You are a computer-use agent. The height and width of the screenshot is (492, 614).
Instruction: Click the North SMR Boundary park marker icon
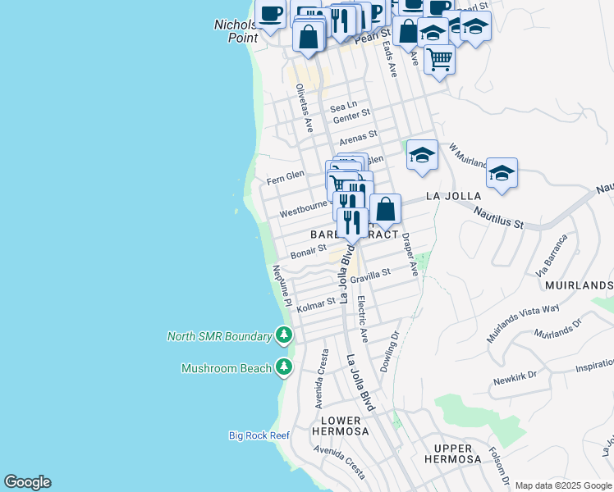(x=284, y=335)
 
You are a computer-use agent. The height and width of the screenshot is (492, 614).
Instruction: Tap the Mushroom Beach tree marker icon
(x=284, y=367)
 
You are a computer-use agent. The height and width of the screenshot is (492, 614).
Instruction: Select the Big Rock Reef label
(x=259, y=435)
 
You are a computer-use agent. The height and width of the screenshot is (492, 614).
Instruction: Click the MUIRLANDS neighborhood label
(x=578, y=285)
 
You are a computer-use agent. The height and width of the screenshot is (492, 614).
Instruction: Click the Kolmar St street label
(x=317, y=304)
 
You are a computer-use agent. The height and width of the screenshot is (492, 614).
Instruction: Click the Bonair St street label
(x=308, y=249)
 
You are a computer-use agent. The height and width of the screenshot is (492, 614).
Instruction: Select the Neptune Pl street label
(x=281, y=286)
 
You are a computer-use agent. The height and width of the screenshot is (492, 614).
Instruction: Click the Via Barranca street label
(x=552, y=256)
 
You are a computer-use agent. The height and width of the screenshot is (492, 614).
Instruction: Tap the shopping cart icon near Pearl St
(x=439, y=59)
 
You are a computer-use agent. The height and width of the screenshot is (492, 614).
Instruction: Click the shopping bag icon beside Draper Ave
(x=385, y=210)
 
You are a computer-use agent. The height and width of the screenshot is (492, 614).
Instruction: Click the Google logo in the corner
(x=27, y=482)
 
